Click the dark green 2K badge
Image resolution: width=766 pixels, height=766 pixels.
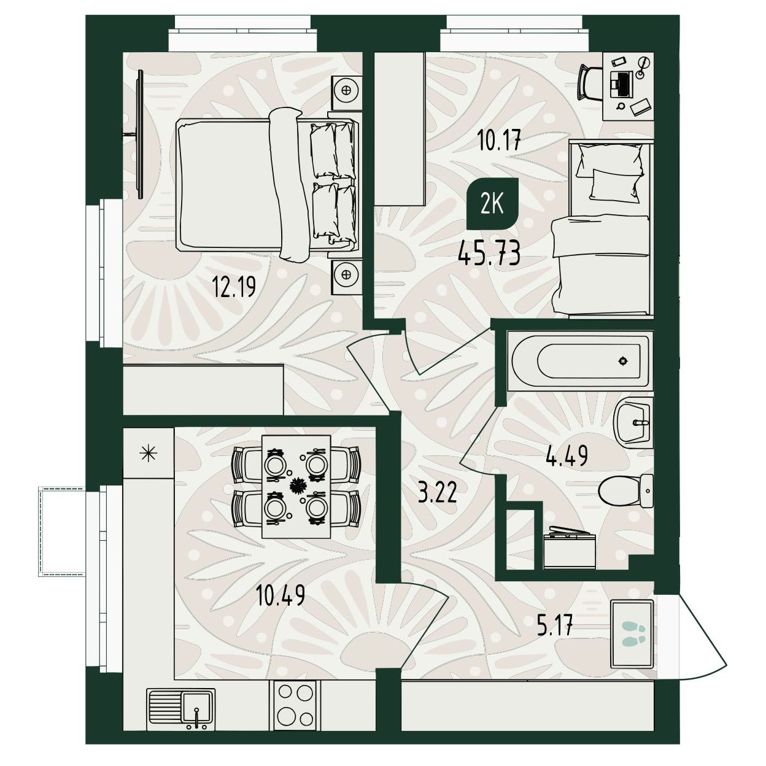[x=492, y=204]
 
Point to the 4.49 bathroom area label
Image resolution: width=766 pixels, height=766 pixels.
[x=567, y=455]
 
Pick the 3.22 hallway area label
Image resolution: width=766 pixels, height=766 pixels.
[x=437, y=493]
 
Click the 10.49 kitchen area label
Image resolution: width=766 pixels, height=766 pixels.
[x=280, y=595]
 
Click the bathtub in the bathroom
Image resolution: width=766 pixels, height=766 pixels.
[x=580, y=360]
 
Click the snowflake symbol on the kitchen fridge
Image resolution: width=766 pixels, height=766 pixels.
[x=149, y=454]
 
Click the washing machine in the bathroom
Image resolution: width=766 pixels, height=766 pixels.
[x=570, y=547]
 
